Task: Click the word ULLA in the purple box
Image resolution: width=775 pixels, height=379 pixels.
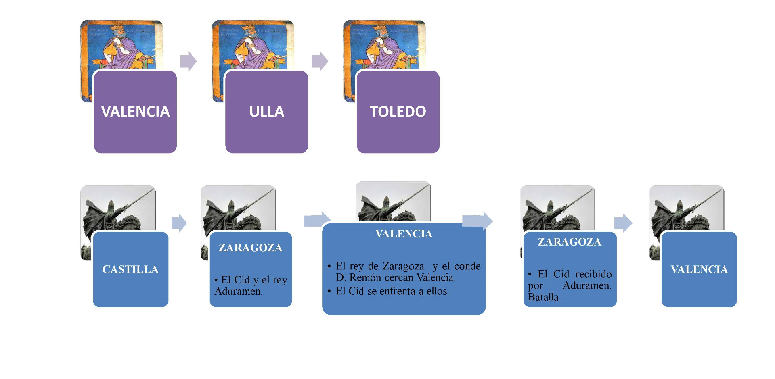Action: (266, 112)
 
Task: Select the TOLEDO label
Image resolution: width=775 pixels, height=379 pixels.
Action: (398, 112)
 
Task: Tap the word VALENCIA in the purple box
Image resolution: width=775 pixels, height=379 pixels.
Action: (135, 112)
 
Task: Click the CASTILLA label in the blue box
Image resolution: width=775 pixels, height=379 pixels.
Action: (130, 269)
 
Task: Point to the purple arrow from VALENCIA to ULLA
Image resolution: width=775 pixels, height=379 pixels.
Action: (188, 61)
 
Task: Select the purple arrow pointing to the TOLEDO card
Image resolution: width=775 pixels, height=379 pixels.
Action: (320, 61)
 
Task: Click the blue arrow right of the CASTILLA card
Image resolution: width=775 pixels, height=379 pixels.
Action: (179, 223)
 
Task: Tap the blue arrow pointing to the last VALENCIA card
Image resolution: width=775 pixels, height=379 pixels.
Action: (623, 223)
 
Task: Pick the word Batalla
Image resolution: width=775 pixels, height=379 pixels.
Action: (544, 298)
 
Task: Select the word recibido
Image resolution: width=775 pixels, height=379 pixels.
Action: (593, 275)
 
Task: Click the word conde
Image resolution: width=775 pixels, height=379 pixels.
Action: (467, 267)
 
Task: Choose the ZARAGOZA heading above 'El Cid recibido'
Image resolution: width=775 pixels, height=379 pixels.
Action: (569, 242)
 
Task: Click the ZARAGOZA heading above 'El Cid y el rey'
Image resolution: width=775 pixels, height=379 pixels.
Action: (250, 248)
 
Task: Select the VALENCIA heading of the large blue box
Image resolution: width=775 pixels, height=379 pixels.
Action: (404, 234)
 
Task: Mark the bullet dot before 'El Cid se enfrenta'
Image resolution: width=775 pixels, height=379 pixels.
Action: (329, 292)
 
